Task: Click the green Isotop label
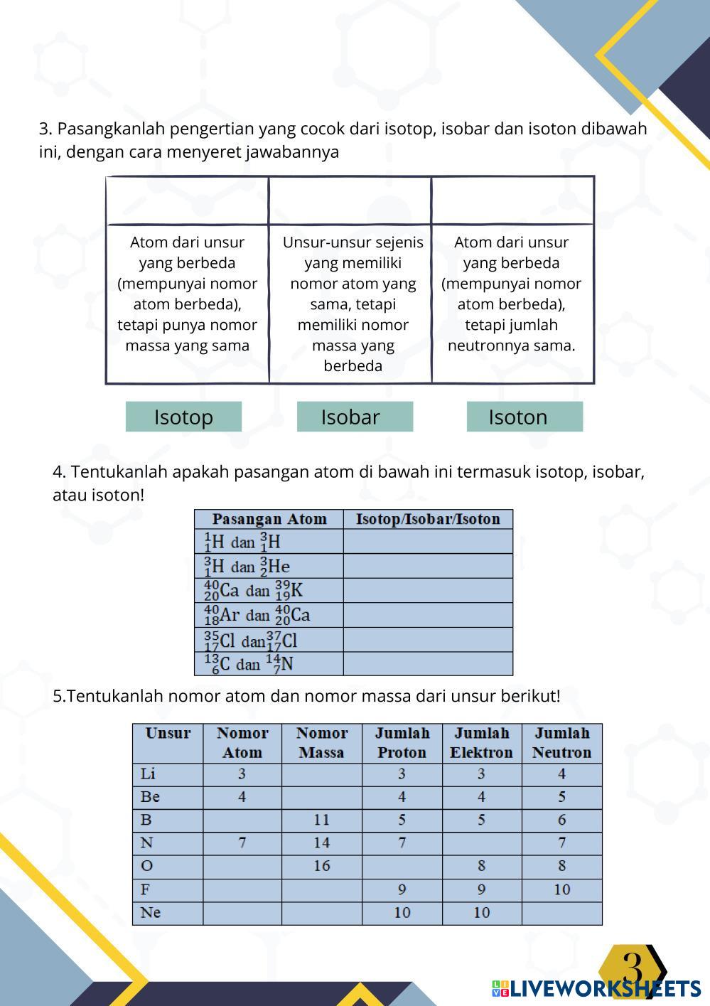click(183, 417)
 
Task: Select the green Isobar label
click(355, 417)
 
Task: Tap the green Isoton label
click(525, 417)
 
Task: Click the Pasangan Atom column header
click(269, 519)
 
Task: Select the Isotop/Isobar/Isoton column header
click(428, 519)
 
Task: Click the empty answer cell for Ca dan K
click(428, 591)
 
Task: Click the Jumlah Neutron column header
click(561, 743)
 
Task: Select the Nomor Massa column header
click(322, 743)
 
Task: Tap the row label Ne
click(151, 912)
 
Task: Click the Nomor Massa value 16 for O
click(322, 866)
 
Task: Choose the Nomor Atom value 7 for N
click(242, 842)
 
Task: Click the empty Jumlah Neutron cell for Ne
click(561, 912)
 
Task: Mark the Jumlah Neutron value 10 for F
click(561, 889)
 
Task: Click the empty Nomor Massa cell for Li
click(322, 774)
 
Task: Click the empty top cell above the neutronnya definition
click(512, 201)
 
